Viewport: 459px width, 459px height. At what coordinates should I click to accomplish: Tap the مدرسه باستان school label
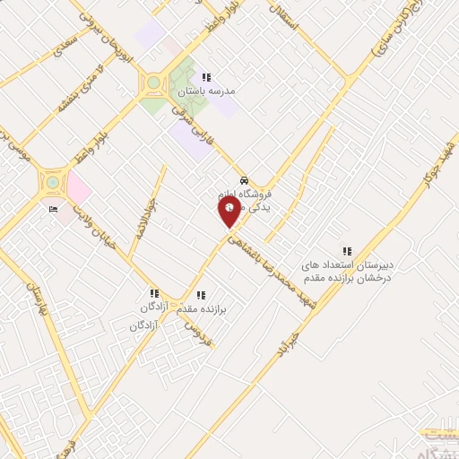(x=211, y=91)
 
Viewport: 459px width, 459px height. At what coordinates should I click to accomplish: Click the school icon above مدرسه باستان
(x=207, y=77)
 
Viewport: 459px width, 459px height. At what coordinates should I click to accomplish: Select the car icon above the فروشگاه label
(x=245, y=178)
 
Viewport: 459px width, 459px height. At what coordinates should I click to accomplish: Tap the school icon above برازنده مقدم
(x=201, y=293)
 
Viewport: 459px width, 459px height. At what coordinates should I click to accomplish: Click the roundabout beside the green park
(x=154, y=83)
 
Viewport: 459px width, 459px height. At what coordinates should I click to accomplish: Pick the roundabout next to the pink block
(x=53, y=183)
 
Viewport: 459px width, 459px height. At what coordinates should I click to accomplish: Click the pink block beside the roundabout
(x=77, y=188)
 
